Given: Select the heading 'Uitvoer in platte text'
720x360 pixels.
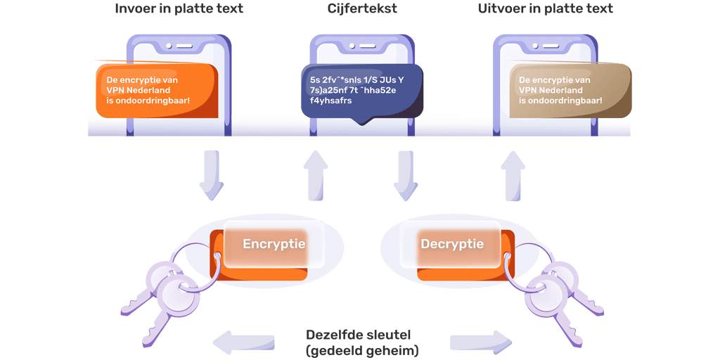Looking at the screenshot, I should coord(545,8).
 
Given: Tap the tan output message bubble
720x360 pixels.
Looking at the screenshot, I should coord(570,90).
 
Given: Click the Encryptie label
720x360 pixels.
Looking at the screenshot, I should coord(274,244).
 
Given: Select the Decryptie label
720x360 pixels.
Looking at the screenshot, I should coord(452,244).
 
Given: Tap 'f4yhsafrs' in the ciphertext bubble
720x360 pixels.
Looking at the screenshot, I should coord(326,101).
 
